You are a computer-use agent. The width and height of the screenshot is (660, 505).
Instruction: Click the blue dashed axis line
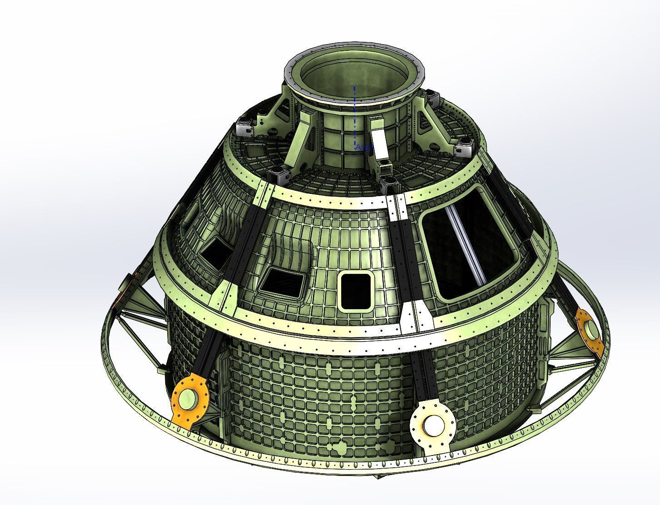(355, 114)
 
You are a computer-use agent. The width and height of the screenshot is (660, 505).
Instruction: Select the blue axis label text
(363, 148)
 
